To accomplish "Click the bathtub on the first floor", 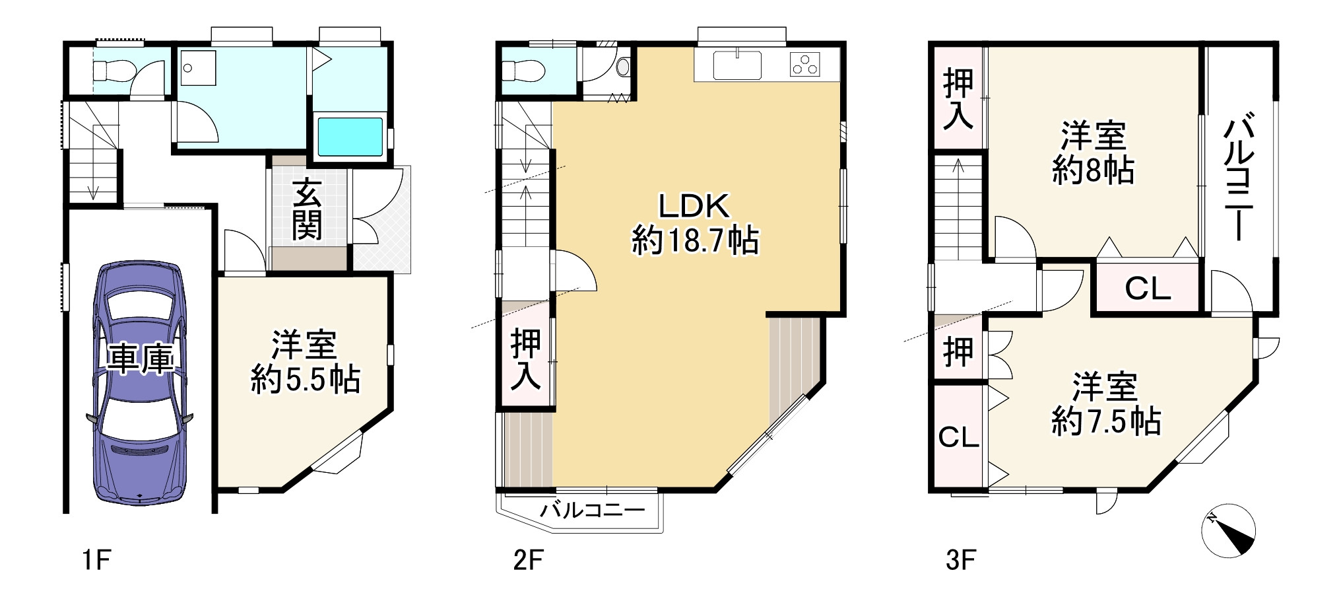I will [x=350, y=137].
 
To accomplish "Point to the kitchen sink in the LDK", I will [x=736, y=65].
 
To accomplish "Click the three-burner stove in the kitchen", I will [x=805, y=65].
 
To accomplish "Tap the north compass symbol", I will [x=1228, y=531].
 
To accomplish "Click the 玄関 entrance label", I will [x=307, y=209].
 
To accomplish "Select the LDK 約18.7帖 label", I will [x=695, y=223].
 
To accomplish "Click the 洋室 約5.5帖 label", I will [x=305, y=362].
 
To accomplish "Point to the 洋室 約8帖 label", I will [x=1093, y=153].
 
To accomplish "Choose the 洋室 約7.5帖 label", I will [x=1105, y=404].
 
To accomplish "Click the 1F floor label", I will [x=96, y=561].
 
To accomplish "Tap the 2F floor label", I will [x=528, y=561].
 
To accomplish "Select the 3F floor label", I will [x=960, y=561].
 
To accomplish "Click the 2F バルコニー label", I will [x=592, y=510].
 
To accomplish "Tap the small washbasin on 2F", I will [x=623, y=67].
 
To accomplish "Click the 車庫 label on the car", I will [x=141, y=359].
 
